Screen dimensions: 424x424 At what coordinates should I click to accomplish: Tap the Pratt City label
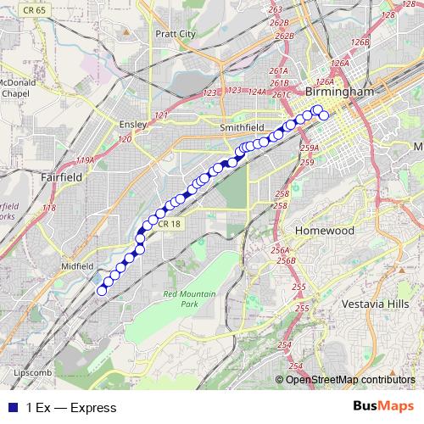click(x=176, y=34)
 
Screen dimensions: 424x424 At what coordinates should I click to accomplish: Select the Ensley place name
click(x=129, y=124)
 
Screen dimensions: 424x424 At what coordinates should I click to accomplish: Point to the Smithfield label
click(x=244, y=128)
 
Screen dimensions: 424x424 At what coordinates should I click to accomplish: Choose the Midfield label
click(x=77, y=265)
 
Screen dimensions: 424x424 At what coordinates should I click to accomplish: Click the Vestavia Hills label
click(x=374, y=303)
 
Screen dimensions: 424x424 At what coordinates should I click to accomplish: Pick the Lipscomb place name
click(x=34, y=373)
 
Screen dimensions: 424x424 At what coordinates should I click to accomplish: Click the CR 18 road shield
click(x=169, y=224)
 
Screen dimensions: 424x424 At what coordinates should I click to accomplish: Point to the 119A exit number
click(x=86, y=159)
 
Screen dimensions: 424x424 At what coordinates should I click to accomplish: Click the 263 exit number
click(x=275, y=9)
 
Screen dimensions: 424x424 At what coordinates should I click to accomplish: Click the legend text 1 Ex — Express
click(x=71, y=408)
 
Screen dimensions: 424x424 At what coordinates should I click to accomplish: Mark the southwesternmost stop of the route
click(x=103, y=291)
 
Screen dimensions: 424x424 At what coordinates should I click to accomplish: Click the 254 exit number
click(x=283, y=343)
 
